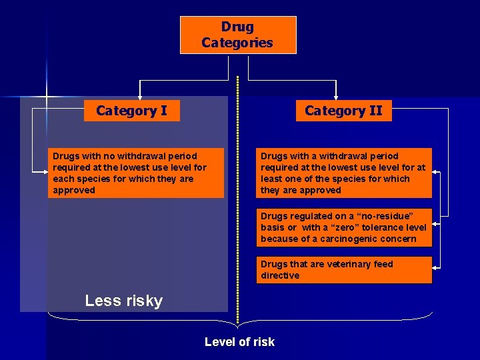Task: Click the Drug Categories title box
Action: click(x=238, y=35)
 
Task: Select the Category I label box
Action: click(x=131, y=111)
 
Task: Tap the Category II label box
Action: click(x=343, y=111)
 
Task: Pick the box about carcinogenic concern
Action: click(x=344, y=227)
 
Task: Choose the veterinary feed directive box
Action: click(x=344, y=270)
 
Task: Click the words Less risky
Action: click(x=124, y=301)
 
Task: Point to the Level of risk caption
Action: click(x=239, y=342)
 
